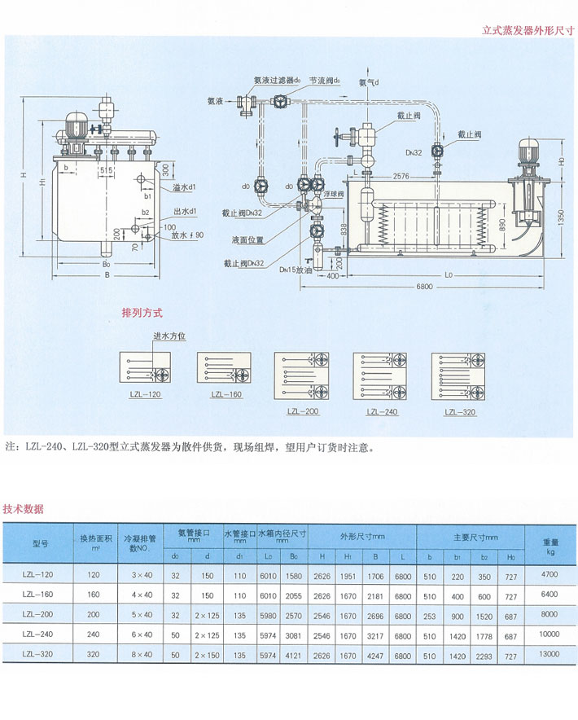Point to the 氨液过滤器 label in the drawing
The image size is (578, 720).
[x=276, y=81]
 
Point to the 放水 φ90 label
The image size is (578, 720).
[x=187, y=236]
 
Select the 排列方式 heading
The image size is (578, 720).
[x=142, y=312]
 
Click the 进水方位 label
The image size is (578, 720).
[x=169, y=336]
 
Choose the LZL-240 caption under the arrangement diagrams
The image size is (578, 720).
[x=381, y=412]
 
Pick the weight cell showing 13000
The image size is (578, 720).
[x=549, y=653]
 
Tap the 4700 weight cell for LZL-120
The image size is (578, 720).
[x=549, y=575]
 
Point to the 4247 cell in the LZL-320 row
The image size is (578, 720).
[x=377, y=653]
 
